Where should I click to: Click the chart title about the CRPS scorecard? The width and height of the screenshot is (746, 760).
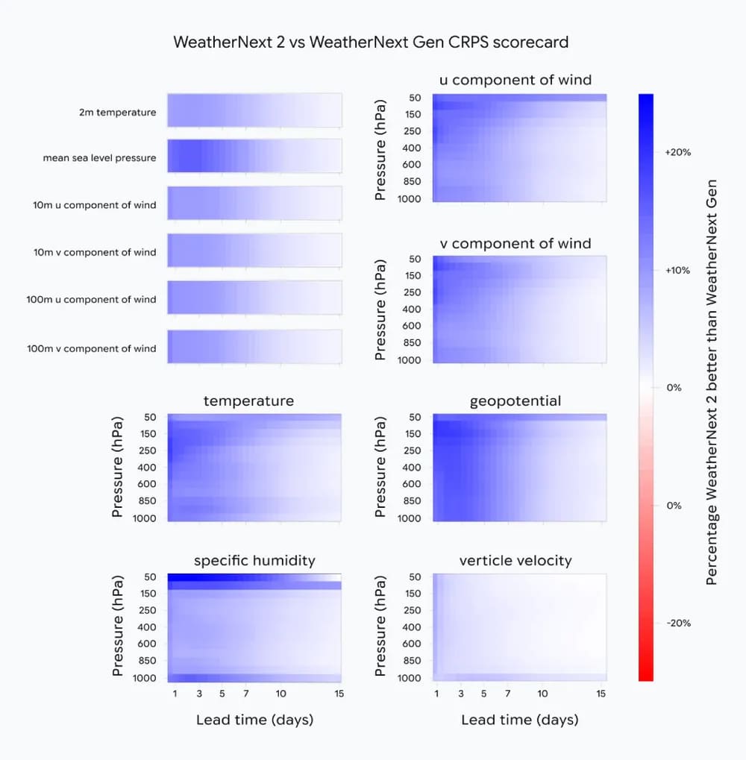pyautogui.click(x=371, y=42)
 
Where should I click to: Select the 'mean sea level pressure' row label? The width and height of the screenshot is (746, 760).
pyautogui.click(x=100, y=158)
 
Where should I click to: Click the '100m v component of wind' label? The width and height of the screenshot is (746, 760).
pyautogui.click(x=92, y=348)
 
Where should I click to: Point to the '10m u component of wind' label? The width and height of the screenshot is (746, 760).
pyautogui.click(x=95, y=204)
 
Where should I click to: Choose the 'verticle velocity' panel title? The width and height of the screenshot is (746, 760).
pyautogui.click(x=515, y=561)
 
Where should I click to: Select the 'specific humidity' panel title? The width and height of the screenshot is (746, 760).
pyautogui.click(x=254, y=561)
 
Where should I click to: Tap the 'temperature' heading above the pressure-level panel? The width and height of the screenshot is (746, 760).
pyautogui.click(x=248, y=401)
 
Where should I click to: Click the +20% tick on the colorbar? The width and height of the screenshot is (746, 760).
pyautogui.click(x=677, y=152)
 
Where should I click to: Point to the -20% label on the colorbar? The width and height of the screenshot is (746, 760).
pyautogui.click(x=677, y=623)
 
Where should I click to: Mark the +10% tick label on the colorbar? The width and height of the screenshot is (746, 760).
pyautogui.click(x=677, y=270)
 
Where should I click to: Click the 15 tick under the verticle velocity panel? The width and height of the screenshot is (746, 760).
pyautogui.click(x=601, y=694)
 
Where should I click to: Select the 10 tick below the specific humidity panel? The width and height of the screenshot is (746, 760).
pyautogui.click(x=280, y=694)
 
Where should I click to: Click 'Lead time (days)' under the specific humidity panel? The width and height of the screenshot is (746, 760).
pyautogui.click(x=254, y=720)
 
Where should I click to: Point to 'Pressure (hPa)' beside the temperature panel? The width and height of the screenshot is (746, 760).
pyautogui.click(x=117, y=467)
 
